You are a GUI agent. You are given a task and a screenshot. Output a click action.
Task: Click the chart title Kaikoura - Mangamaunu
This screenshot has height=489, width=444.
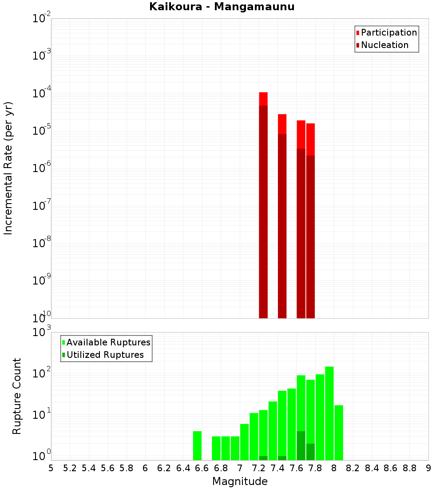[222, 7]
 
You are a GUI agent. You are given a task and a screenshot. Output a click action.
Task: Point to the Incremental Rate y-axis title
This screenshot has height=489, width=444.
[9, 168]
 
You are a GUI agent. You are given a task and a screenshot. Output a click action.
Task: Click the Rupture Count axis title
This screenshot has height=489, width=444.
[17, 396]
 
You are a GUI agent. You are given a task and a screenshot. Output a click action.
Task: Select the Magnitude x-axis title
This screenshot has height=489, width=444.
[240, 481]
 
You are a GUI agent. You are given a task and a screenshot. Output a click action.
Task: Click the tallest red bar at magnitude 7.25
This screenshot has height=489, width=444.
[263, 99]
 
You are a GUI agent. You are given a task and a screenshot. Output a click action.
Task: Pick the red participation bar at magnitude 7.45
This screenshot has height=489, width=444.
[282, 124]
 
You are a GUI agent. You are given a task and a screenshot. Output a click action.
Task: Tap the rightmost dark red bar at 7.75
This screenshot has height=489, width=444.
[310, 236]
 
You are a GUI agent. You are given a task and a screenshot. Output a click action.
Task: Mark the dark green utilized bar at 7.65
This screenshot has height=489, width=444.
[301, 445]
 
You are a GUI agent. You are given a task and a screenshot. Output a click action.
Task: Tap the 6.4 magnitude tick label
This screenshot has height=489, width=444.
[183, 468]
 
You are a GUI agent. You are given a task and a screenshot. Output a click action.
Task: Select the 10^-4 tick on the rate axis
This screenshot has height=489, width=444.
[42, 94]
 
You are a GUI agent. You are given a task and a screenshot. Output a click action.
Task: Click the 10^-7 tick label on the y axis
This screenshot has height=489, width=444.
[42, 206]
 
